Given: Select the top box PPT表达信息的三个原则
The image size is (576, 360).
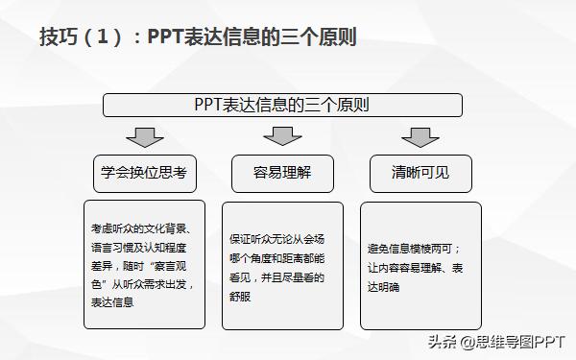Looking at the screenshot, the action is pyautogui.click(x=282, y=104).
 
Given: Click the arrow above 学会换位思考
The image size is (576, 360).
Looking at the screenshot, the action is pyautogui.click(x=144, y=136).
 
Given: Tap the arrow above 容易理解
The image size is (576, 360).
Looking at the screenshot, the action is pyautogui.click(x=282, y=136).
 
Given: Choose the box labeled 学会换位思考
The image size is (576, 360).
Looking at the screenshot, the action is pyautogui.click(x=144, y=174).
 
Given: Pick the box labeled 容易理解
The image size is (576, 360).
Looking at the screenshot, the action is pyautogui.click(x=282, y=174).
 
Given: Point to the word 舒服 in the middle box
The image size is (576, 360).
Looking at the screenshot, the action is pyautogui.click(x=245, y=294).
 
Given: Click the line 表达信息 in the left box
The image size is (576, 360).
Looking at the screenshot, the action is pyautogui.click(x=111, y=301).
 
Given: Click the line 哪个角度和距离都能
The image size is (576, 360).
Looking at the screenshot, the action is pyautogui.click(x=276, y=259).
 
